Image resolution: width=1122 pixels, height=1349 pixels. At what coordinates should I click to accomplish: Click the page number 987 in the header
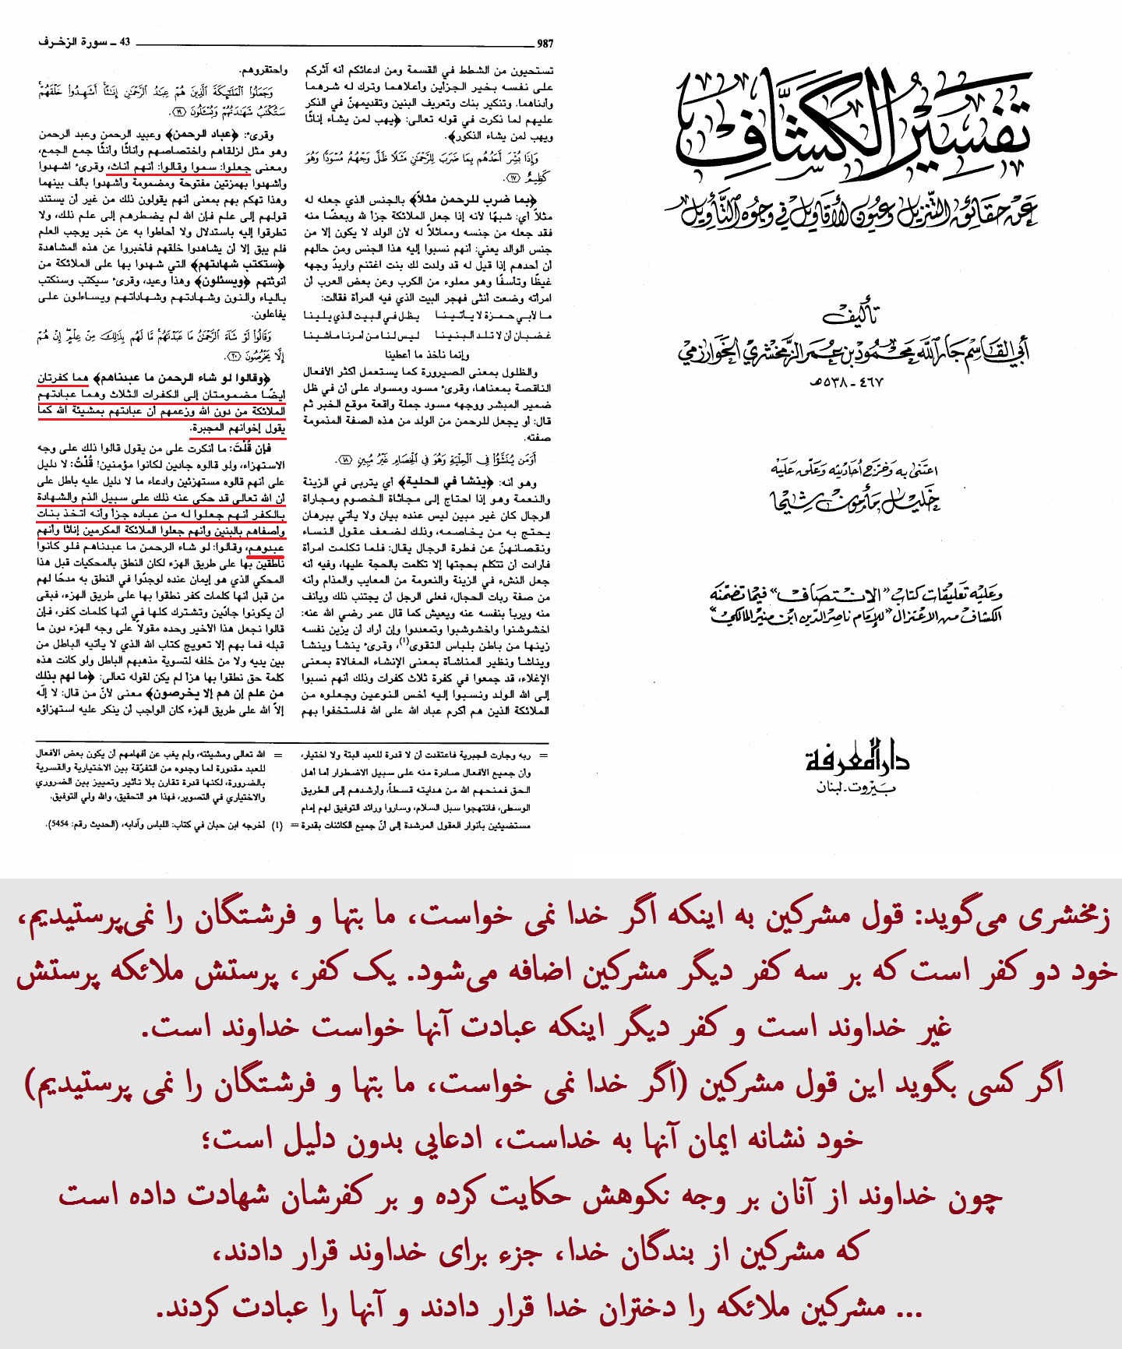(x=545, y=44)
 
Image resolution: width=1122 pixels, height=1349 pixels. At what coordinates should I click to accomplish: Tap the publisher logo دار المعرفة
(x=857, y=757)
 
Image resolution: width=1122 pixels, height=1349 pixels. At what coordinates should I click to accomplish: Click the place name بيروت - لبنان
(x=856, y=787)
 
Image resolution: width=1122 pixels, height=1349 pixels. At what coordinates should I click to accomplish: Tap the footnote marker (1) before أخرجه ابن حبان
(x=277, y=824)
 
